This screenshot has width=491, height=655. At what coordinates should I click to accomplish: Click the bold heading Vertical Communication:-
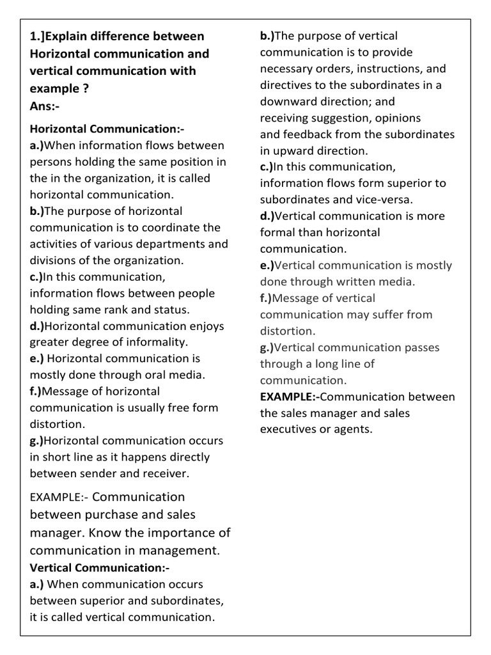point(99,567)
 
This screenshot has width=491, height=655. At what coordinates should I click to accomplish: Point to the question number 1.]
point(39,36)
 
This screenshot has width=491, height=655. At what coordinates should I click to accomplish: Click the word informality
point(155,342)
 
